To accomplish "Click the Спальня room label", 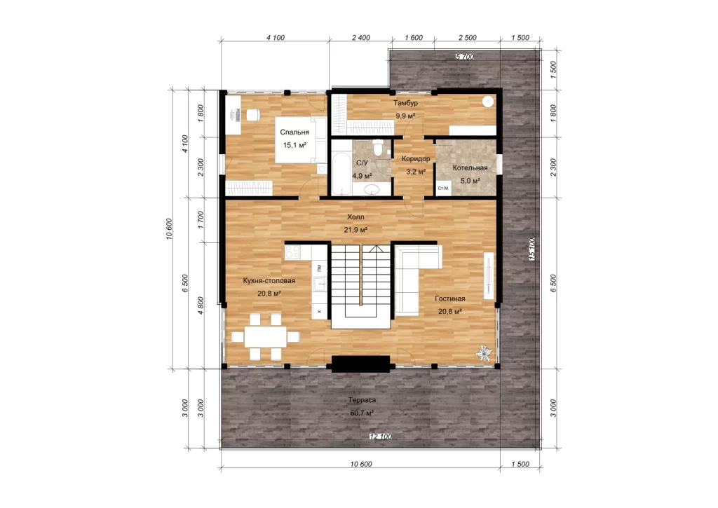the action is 294,132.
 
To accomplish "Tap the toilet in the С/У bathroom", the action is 378,149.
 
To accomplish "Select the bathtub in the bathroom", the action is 341,175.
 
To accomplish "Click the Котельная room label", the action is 470,168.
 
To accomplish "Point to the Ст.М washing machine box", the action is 443,188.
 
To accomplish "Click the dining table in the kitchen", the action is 265,337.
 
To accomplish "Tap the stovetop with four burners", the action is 292,252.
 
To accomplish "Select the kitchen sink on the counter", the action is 320,284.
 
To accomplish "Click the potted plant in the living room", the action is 484,353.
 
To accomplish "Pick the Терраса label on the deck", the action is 362,400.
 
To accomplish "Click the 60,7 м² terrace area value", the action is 362,413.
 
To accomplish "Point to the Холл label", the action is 355,217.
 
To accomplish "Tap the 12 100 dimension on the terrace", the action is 381,437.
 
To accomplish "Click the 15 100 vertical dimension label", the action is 532,249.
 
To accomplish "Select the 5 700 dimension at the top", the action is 465,57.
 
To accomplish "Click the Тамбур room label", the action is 405,103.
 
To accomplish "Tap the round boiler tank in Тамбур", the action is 489,102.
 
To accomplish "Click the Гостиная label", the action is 449,298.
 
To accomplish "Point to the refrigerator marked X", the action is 319,312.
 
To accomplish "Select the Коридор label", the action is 416,159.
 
